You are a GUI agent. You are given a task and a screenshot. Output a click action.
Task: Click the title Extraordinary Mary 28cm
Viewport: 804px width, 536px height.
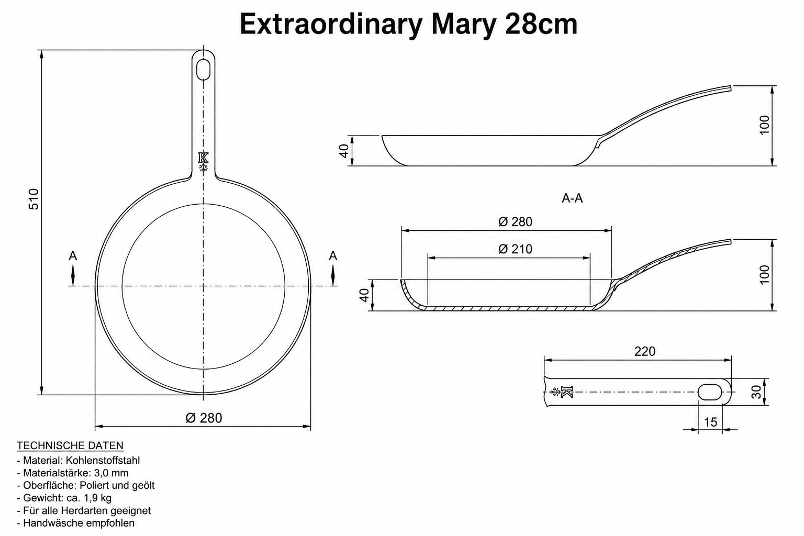pyautogui.click(x=408, y=24)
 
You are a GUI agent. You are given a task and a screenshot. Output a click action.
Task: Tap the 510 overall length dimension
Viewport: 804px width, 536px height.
pyautogui.click(x=34, y=199)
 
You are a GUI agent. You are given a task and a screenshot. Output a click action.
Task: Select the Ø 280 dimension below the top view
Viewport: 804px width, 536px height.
pyautogui.click(x=204, y=418)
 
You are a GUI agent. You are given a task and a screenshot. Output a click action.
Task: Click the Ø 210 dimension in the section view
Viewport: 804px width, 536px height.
pyautogui.click(x=515, y=249)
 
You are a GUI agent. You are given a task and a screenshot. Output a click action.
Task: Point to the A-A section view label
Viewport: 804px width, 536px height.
pyautogui.click(x=572, y=198)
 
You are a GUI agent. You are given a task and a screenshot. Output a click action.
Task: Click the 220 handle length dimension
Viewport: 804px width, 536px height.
pyautogui.click(x=645, y=351)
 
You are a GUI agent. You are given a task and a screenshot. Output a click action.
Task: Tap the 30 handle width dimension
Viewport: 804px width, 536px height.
pyautogui.click(x=756, y=392)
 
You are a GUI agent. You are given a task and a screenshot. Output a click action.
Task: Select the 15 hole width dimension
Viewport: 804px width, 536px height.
pyautogui.click(x=710, y=422)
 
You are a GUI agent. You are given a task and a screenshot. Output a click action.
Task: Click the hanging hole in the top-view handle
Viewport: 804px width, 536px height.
pyautogui.click(x=203, y=70)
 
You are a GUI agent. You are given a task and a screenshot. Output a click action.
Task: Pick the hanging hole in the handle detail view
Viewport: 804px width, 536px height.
pyautogui.click(x=710, y=392)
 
